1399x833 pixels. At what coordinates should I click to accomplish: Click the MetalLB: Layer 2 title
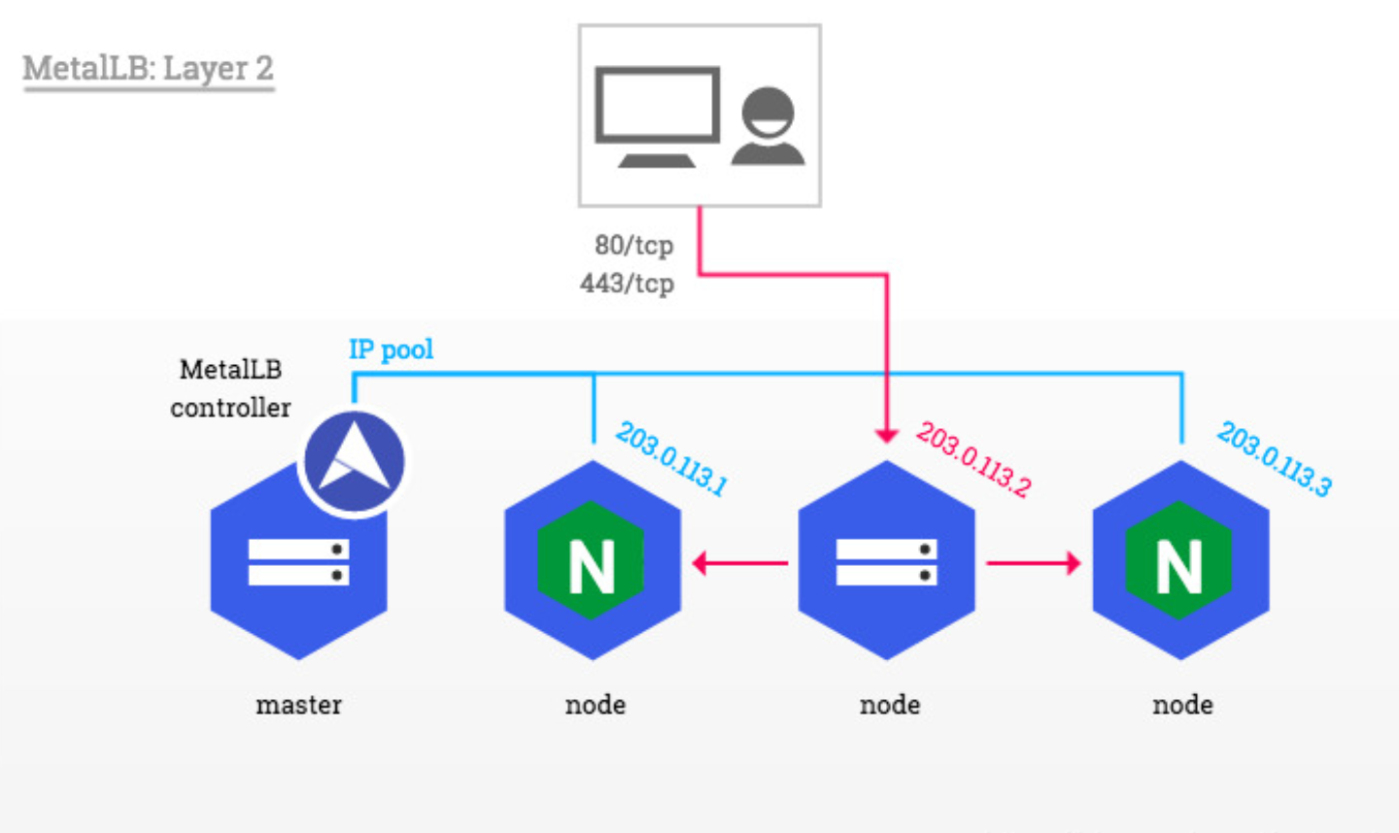tap(148, 68)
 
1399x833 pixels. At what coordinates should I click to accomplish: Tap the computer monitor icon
tap(657, 116)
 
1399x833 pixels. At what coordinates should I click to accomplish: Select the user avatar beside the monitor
tap(768, 125)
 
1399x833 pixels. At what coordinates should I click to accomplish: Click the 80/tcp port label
tap(633, 245)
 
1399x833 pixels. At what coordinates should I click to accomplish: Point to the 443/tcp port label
tap(627, 283)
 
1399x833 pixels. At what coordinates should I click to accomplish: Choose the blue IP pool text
tap(391, 350)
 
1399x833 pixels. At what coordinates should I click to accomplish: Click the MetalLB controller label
tap(230, 388)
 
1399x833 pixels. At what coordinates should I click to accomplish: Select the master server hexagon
tap(297, 573)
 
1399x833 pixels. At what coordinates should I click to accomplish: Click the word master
tap(298, 705)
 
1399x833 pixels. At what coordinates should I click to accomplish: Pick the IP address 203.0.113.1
tap(671, 458)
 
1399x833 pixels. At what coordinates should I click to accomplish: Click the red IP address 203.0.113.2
tap(973, 458)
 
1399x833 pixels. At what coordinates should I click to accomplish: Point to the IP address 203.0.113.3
tap(1275, 458)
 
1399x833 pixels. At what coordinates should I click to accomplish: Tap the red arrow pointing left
tap(738, 562)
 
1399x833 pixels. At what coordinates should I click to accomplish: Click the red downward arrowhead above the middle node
tap(886, 436)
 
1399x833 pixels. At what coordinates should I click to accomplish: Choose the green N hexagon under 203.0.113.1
tap(592, 562)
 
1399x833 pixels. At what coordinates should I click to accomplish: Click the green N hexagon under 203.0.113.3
tap(1179, 562)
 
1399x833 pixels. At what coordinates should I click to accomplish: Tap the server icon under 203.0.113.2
tap(886, 562)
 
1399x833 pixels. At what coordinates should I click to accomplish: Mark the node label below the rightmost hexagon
tap(1182, 705)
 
